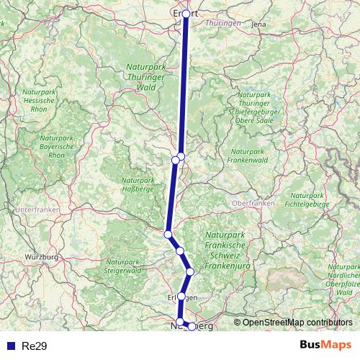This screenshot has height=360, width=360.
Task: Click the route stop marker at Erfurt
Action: tap(186, 14)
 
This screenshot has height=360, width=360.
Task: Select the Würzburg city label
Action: tap(41, 257)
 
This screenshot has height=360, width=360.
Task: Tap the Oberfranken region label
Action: tap(253, 204)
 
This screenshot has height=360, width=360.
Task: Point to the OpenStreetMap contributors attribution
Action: tap(297, 322)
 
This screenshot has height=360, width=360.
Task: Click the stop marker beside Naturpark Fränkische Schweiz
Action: tap(190, 271)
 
